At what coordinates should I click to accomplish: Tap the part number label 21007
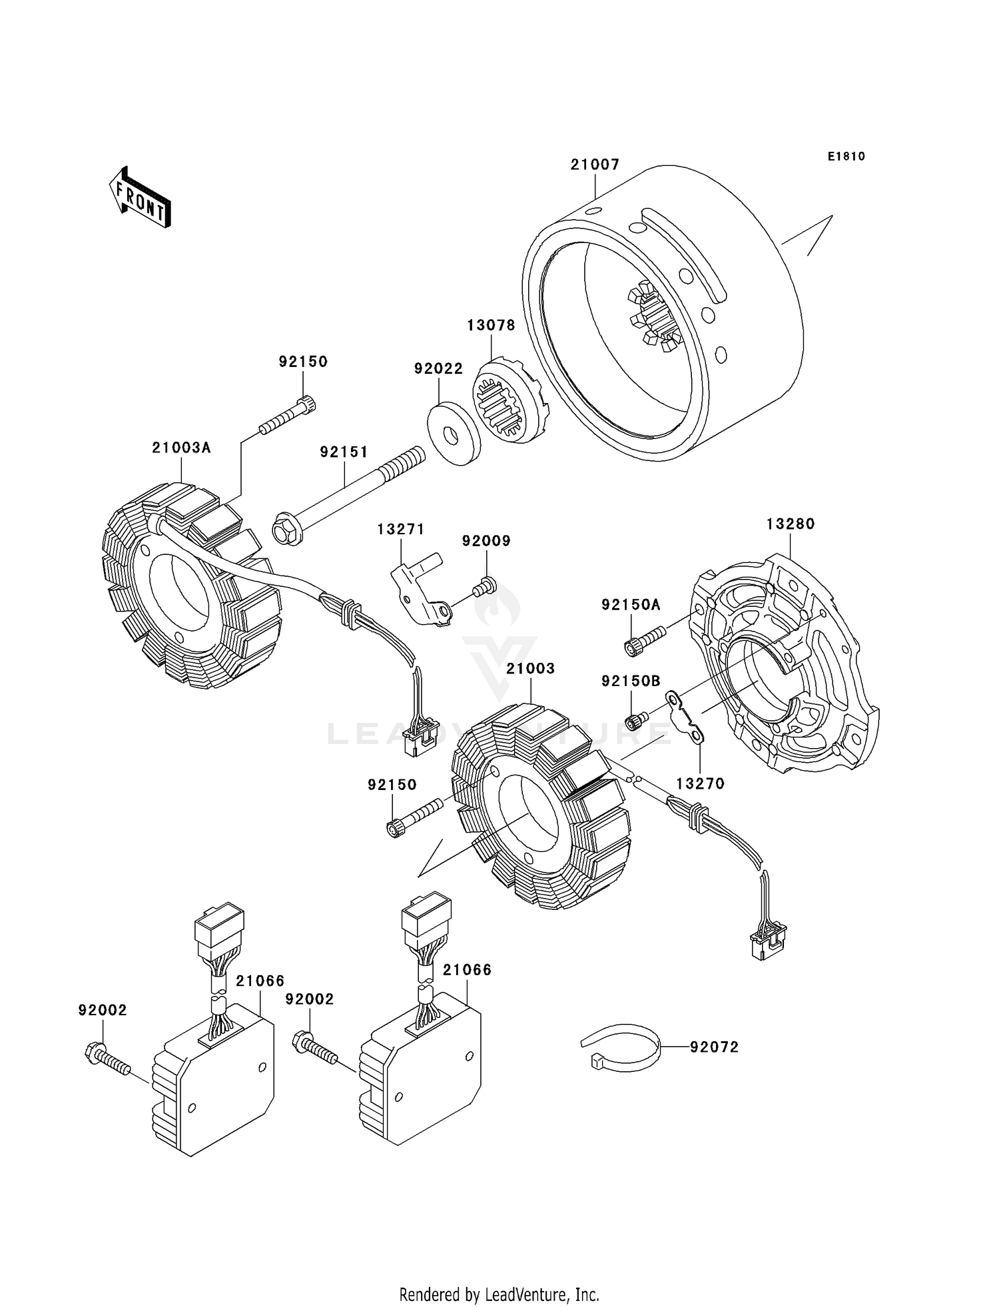(595, 165)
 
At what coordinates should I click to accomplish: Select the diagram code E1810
(846, 156)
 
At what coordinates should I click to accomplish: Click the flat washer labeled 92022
(453, 434)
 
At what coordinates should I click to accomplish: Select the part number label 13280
(791, 524)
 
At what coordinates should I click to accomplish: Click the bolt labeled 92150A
(644, 637)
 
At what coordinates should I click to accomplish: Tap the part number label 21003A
(181, 448)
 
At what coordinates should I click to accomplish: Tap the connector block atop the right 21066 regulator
(426, 921)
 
